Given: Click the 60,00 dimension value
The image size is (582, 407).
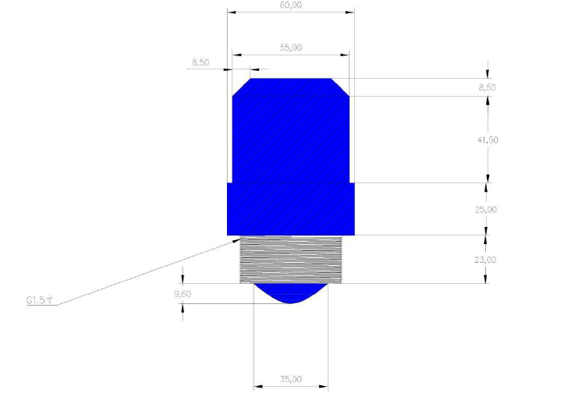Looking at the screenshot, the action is [291, 5].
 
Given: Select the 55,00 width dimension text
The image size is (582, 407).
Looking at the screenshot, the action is [291, 48].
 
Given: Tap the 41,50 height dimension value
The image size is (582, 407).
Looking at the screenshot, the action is [488, 140].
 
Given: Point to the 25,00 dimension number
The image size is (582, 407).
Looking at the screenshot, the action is [486, 210].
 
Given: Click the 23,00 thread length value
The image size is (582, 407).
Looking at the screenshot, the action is [485, 260].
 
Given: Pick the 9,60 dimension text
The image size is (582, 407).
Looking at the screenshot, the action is [183, 294].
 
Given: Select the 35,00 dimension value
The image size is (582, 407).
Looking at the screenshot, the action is [291, 379].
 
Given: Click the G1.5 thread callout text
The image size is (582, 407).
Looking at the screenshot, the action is [40, 299].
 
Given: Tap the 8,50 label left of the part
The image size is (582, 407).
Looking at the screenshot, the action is [201, 62].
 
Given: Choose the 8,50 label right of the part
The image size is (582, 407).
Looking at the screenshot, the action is [487, 87].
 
